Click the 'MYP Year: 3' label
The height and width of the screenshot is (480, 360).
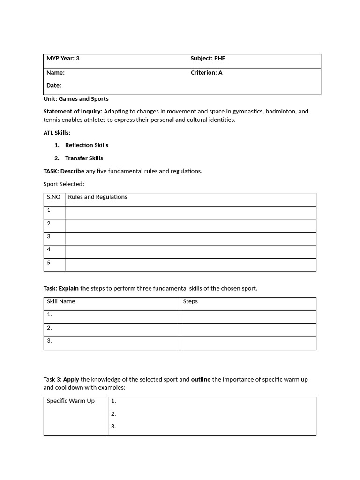[63, 59]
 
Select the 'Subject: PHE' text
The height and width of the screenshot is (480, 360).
[208, 59]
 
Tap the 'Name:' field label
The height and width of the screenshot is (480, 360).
[55, 73]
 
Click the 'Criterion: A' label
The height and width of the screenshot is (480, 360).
[206, 73]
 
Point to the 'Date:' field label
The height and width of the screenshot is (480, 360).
[54, 85]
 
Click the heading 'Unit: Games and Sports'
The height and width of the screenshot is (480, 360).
[76, 99]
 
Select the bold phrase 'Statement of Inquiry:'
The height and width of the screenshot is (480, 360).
[73, 112]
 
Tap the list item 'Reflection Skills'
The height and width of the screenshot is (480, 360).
[87, 145]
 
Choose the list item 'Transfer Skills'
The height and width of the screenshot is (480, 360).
[84, 158]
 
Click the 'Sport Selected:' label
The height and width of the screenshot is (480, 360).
[64, 184]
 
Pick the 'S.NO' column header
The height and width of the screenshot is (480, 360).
[53, 197]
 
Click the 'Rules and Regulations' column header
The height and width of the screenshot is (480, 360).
[97, 197]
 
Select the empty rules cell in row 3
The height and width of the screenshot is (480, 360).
[190, 239]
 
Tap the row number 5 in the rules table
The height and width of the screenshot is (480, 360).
[49, 262]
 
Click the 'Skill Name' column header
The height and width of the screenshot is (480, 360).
[61, 301]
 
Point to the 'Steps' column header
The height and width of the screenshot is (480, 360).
[190, 301]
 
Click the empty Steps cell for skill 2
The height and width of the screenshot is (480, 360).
[247, 330]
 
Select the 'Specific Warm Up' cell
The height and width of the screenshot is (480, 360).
[71, 401]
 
